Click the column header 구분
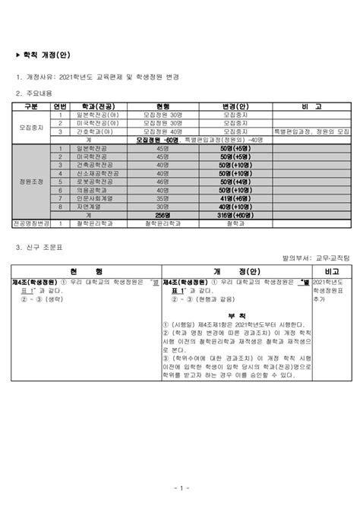[x=31, y=107]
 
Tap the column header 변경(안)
[x=235, y=107]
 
